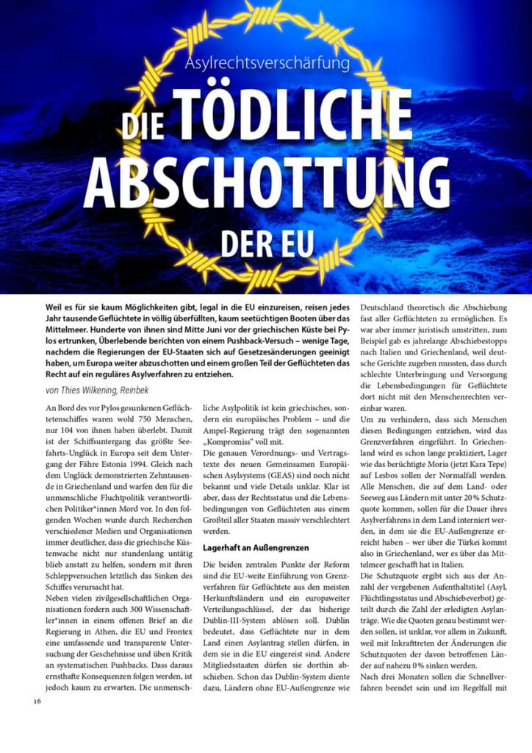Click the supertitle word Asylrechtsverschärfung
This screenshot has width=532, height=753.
pos(267,63)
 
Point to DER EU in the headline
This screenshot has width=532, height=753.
pos(267,243)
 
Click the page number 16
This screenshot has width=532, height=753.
pos(37,701)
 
